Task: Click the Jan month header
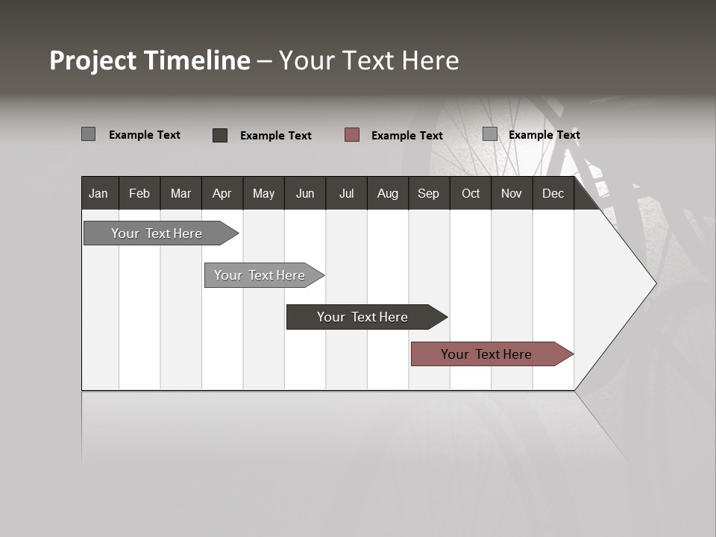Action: [99, 193]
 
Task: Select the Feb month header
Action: [139, 193]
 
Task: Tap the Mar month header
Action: [180, 193]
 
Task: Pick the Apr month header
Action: [222, 193]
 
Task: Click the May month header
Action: [263, 193]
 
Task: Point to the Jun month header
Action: [305, 193]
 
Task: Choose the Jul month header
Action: [346, 193]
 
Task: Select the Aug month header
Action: [388, 193]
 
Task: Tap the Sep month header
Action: [429, 193]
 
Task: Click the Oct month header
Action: [471, 193]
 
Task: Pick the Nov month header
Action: [512, 193]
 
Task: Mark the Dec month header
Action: [553, 193]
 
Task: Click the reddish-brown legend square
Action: [352, 134]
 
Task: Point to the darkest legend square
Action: [220, 135]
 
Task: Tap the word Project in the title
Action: [93, 60]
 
